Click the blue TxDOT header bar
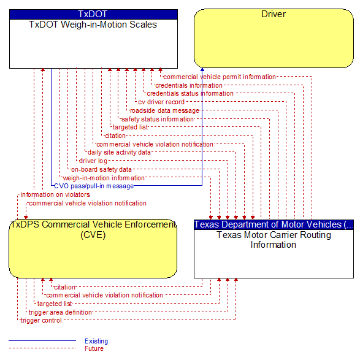pyautogui.click(x=93, y=14)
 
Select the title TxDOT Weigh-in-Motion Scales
pyautogui.click(x=93, y=25)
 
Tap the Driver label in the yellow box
pyautogui.click(x=274, y=14)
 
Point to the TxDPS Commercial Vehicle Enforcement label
pyautogui.click(x=93, y=229)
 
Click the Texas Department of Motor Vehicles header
pyautogui.click(x=274, y=224)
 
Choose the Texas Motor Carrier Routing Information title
pyautogui.click(x=274, y=240)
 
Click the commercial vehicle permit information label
pyautogui.click(x=220, y=77)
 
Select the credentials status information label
pyautogui.click(x=190, y=94)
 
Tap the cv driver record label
pyautogui.click(x=161, y=102)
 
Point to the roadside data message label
pyautogui.click(x=164, y=110)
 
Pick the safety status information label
pyautogui.click(x=158, y=119)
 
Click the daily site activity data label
pyautogui.click(x=119, y=152)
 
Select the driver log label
pyautogui.click(x=93, y=161)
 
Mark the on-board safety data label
pyautogui.click(x=101, y=169)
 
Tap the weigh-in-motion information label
pyautogui.click(x=104, y=178)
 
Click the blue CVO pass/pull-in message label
pyautogui.click(x=94, y=186)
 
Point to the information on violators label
pyautogui.click(x=55, y=194)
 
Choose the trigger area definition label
pyautogui.click(x=60, y=312)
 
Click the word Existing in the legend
pyautogui.click(x=96, y=341)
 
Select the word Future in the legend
pyautogui.click(x=94, y=348)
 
